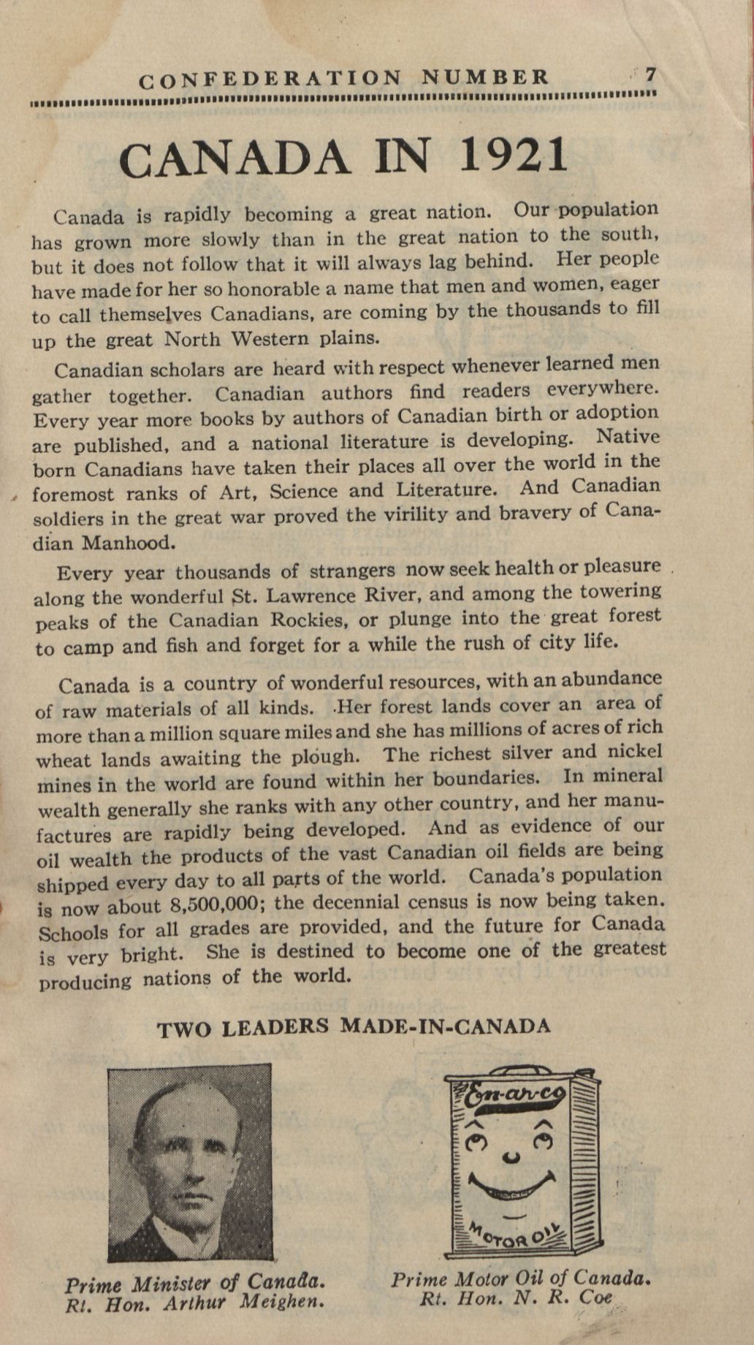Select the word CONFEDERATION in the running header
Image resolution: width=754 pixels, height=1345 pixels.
click(270, 79)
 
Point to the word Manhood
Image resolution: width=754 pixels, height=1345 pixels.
click(130, 543)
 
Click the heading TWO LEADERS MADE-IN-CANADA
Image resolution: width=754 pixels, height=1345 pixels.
click(354, 1026)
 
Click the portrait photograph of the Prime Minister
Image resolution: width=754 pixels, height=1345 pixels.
click(190, 1162)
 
